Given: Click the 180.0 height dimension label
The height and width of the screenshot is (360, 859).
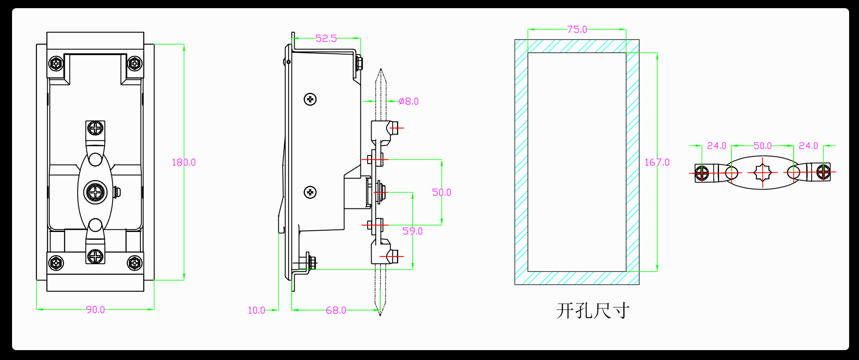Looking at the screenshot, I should click(x=183, y=162).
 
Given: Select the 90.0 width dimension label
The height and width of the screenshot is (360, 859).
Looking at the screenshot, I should click(x=95, y=310).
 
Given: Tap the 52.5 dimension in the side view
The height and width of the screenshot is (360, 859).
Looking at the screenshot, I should click(x=326, y=39).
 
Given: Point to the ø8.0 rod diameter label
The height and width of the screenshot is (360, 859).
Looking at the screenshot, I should click(x=408, y=101).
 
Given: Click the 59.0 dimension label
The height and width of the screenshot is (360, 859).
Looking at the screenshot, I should click(x=412, y=231).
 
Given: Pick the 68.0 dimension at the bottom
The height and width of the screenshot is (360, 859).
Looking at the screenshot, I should click(x=336, y=310).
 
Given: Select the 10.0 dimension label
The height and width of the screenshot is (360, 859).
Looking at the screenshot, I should click(x=256, y=310).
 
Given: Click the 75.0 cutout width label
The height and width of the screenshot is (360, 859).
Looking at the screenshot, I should click(x=577, y=30).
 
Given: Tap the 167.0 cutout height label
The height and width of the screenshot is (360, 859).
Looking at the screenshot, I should click(x=657, y=162).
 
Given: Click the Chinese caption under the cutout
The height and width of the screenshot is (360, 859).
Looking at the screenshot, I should click(x=593, y=311).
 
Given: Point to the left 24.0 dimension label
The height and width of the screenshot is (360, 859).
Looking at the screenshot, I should click(x=716, y=146).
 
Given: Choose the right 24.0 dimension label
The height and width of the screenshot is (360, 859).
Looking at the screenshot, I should click(x=808, y=146).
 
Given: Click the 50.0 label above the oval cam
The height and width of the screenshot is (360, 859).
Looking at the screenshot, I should click(x=762, y=146).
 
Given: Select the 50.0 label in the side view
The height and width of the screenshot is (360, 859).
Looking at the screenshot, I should click(x=442, y=192).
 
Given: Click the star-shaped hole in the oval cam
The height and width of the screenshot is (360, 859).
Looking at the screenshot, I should click(x=762, y=173).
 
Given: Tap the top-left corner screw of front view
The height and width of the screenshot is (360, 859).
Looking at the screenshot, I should click(x=56, y=64).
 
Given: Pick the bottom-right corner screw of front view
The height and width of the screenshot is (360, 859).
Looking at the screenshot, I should click(x=134, y=262).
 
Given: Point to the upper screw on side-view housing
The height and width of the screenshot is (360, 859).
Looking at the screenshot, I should click(x=310, y=100).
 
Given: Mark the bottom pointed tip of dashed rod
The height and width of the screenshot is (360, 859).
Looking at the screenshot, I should click(x=380, y=315).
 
